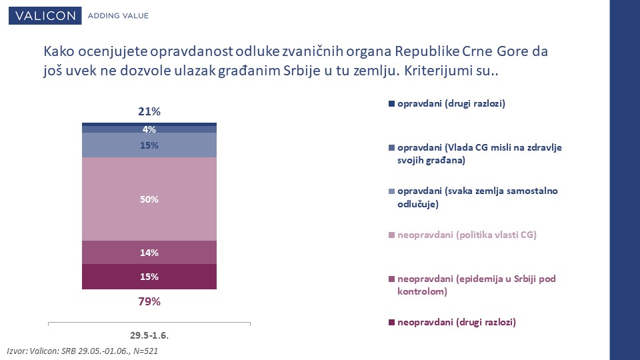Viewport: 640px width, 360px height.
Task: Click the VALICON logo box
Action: (45, 15)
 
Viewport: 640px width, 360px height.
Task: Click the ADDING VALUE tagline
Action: (119, 16)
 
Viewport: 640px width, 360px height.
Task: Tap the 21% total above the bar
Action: (149, 111)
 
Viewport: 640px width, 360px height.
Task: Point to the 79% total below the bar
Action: (149, 301)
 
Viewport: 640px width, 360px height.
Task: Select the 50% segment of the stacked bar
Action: (149, 199)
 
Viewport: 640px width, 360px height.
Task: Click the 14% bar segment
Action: (149, 253)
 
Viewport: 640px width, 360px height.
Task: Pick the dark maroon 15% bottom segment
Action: (149, 277)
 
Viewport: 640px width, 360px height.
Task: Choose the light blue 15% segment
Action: (149, 145)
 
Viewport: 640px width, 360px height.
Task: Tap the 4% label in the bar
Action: (149, 129)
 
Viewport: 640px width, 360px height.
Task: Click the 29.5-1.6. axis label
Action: (149, 335)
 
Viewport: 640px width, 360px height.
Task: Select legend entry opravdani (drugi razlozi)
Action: (447, 104)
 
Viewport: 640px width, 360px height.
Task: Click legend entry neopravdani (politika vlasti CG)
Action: (463, 235)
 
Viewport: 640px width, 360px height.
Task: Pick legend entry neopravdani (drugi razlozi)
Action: (452, 323)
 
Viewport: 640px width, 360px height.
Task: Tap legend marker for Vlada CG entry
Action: (391, 148)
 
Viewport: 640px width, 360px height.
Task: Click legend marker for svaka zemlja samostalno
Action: (391, 191)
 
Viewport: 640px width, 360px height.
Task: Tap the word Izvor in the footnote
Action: (17, 351)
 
